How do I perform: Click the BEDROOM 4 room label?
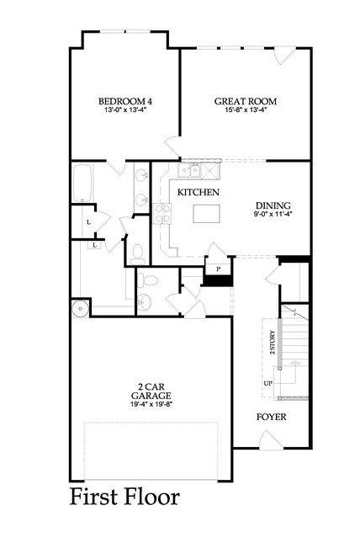point(125,102)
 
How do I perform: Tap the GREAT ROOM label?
point(246,102)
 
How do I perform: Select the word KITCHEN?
point(199,192)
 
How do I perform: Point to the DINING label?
point(273,205)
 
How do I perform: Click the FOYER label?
point(272,417)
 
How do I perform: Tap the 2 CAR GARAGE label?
point(151,391)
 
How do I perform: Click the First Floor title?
point(125,497)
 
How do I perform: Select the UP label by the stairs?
point(268,384)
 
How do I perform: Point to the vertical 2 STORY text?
point(273,343)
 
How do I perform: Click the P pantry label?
point(219,269)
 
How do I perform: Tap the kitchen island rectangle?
point(206,214)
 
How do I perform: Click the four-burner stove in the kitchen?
point(162,214)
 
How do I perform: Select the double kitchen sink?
point(190,170)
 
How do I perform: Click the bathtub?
point(82,183)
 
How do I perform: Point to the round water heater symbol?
point(81,308)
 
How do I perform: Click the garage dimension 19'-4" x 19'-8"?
point(151,403)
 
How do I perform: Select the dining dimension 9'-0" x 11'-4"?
point(273,214)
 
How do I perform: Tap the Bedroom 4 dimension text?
point(125,110)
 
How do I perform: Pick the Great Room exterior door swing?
point(284,56)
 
